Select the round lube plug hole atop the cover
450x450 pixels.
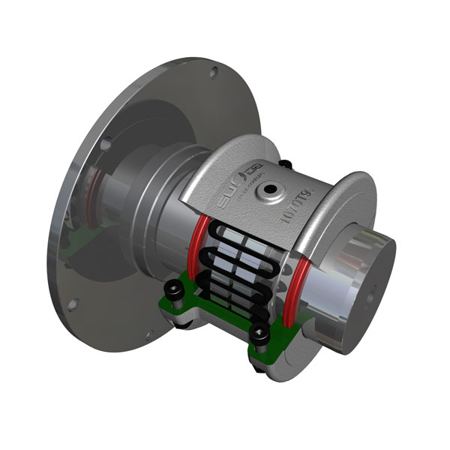(267, 193)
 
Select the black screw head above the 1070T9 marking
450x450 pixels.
(285, 163)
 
